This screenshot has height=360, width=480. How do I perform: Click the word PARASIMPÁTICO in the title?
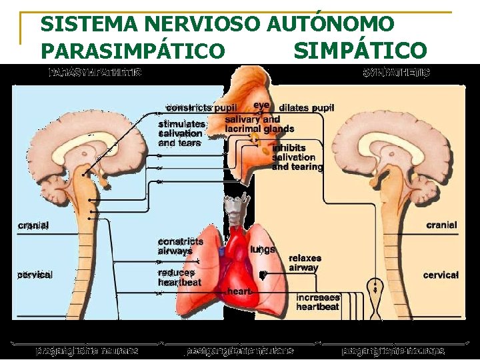point(133,50)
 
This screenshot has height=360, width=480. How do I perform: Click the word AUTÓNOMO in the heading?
point(330,25)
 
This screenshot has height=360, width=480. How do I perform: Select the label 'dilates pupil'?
point(306,107)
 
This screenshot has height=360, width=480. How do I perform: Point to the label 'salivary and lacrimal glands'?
point(259,124)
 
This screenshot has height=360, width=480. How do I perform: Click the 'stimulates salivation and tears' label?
point(181,133)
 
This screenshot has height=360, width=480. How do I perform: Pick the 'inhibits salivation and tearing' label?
point(297,157)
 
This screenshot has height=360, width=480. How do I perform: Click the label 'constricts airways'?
point(180,246)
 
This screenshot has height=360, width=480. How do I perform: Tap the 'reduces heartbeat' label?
point(179,277)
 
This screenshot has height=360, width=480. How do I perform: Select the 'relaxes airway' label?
point(304,263)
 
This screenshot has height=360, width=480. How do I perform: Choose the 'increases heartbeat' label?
point(318,302)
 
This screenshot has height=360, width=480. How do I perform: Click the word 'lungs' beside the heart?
point(263,249)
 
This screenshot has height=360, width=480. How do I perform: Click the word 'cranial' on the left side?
point(33,225)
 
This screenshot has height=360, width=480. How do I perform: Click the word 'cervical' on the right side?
point(441,275)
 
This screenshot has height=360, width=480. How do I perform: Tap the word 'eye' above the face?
point(261,105)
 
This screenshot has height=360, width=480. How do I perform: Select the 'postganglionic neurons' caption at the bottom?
point(240,351)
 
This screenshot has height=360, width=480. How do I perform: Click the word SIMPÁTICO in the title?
point(359,50)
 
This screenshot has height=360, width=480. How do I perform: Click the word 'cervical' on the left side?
point(35,275)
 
